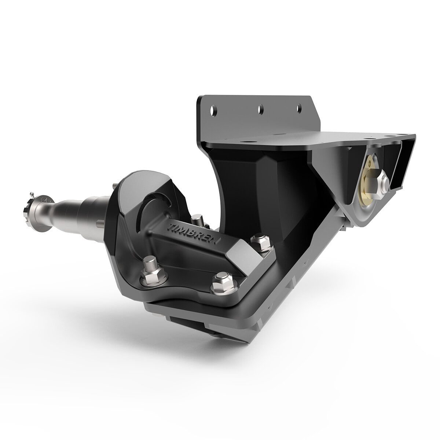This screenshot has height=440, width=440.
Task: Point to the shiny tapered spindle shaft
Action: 70,206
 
